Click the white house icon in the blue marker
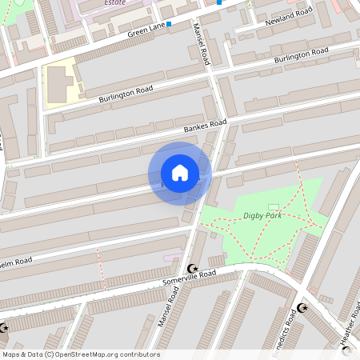[180, 173]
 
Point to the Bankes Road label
[205, 126]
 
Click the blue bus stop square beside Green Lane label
[169, 24]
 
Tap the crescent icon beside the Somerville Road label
[191, 268]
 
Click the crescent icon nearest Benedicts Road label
[302, 308]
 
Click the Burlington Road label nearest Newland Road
[301, 56]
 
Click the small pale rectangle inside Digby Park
[273, 207]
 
